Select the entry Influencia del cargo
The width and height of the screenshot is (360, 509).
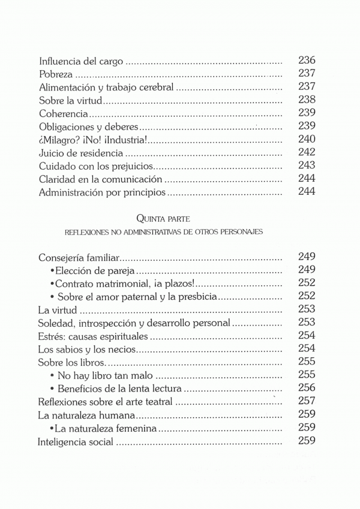pyautogui.click(x=80, y=61)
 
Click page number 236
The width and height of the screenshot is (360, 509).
pyautogui.click(x=307, y=61)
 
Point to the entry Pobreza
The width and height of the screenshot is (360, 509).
pyautogui.click(x=55, y=74)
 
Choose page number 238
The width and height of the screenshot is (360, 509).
pyautogui.click(x=307, y=100)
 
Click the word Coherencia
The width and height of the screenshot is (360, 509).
pyautogui.click(x=64, y=114)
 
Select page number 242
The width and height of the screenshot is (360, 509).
pyautogui.click(x=307, y=153)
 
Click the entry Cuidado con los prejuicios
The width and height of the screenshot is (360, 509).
pyautogui.click(x=96, y=167)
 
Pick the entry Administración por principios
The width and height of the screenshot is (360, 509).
pyautogui.click(x=101, y=193)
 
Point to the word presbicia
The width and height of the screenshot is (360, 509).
pyautogui.click(x=196, y=297)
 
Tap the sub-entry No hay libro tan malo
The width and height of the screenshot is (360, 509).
pyautogui.click(x=106, y=375)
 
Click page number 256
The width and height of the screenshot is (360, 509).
pyautogui.click(x=307, y=388)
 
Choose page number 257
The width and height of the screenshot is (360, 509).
pyautogui.click(x=307, y=401)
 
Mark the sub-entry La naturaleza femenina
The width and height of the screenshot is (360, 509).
pyautogui.click(x=106, y=428)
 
